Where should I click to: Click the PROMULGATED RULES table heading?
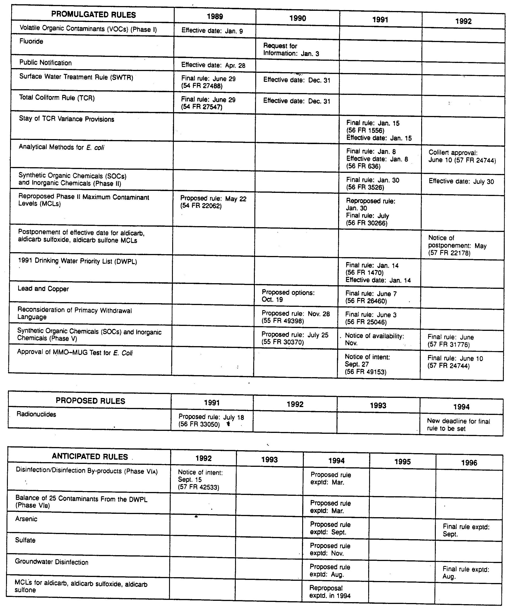coord(93,15)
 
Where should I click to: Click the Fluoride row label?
coord(31,41)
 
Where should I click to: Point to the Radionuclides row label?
coord(36,414)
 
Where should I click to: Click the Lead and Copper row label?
coord(44,289)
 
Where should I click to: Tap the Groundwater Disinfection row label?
coord(51,562)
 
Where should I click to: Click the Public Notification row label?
coord(45,63)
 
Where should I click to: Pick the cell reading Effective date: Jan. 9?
coord(212,31)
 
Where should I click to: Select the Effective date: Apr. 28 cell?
coord(213,65)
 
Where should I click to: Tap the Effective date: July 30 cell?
coord(461,182)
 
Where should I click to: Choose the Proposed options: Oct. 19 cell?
coord(288,296)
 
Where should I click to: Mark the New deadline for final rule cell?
coord(458,425)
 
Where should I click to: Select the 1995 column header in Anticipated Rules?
coord(403,462)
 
